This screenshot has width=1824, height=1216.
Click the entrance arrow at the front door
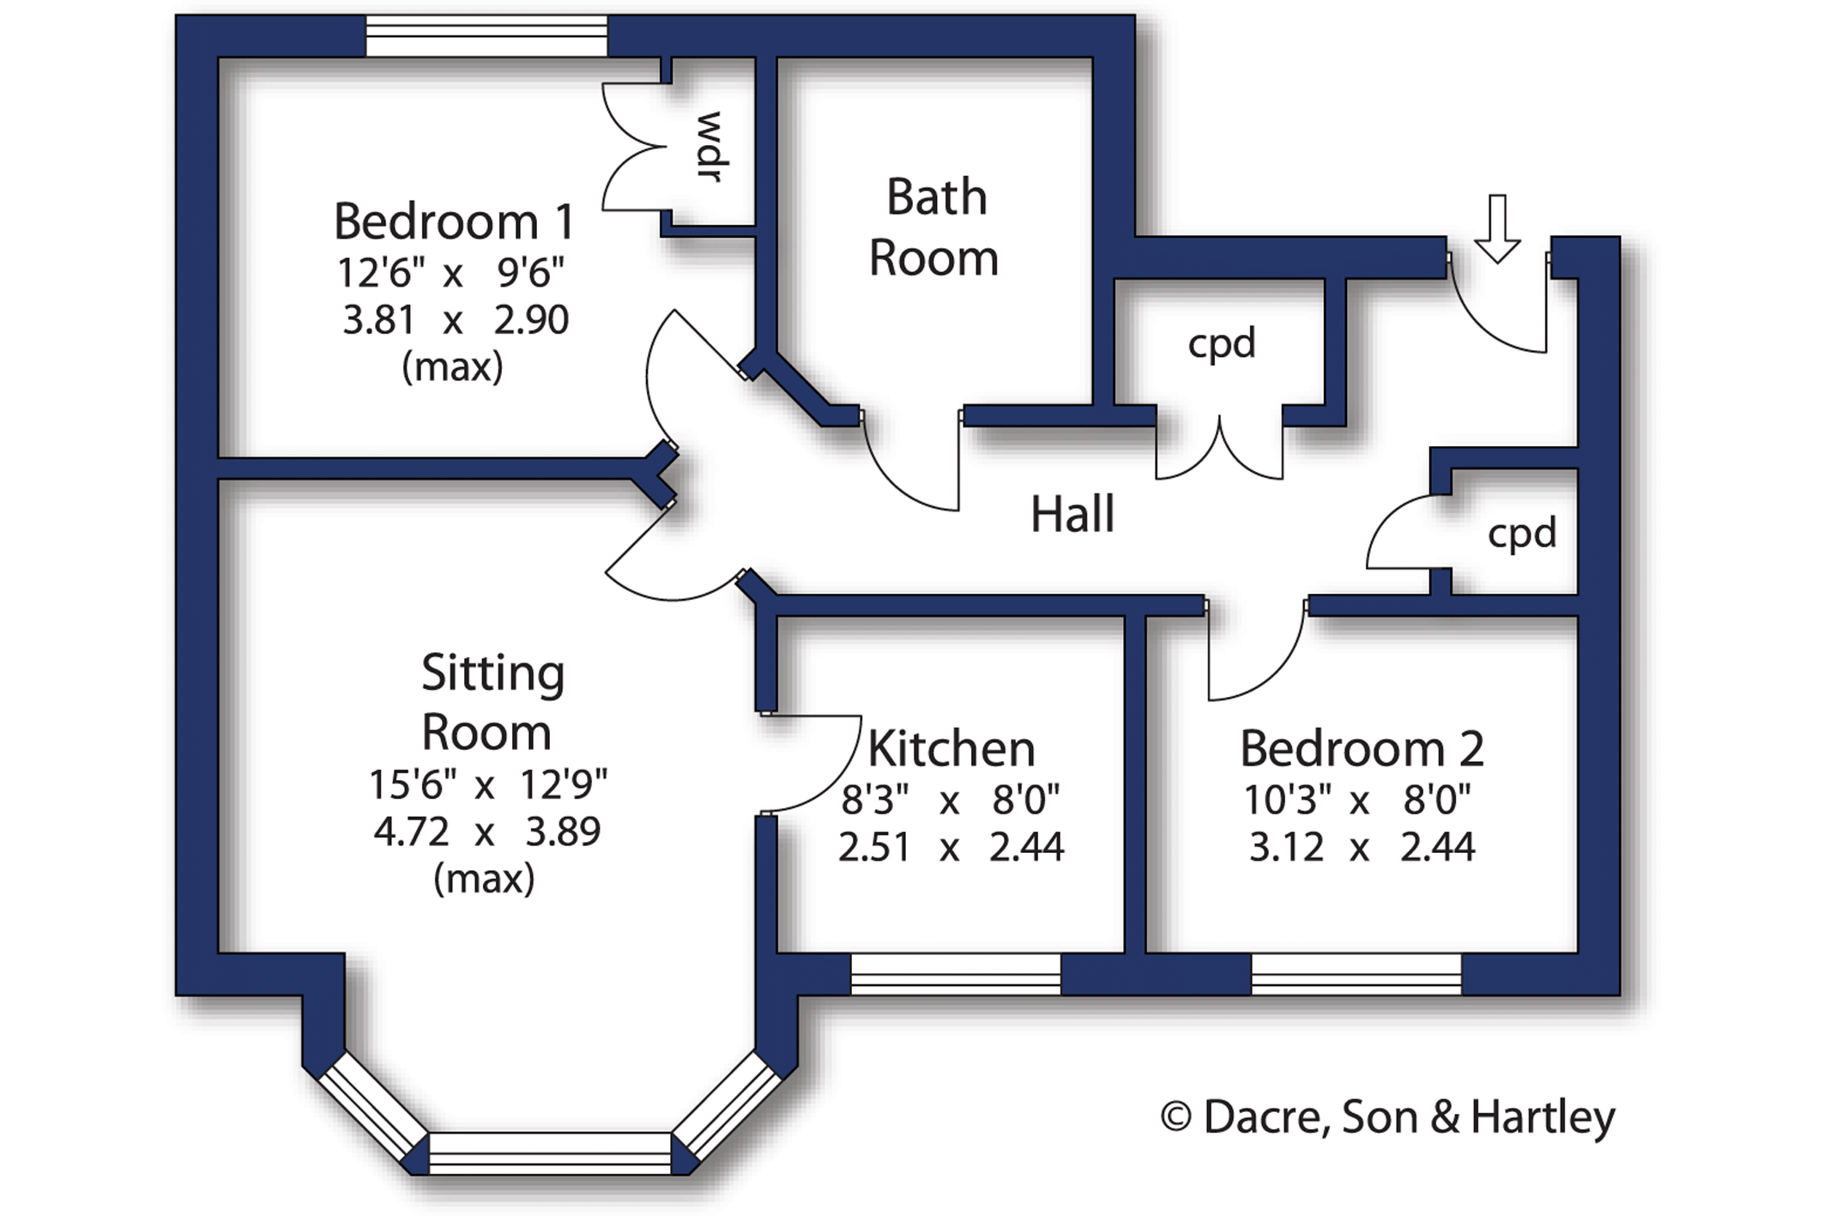tap(1497, 229)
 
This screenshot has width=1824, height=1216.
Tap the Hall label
tap(1072, 514)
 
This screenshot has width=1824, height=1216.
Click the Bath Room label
tap(935, 227)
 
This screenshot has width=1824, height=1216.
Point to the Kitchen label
tap(951, 749)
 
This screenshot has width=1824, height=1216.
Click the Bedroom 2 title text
tap(1362, 749)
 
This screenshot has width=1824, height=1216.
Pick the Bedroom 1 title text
tap(454, 221)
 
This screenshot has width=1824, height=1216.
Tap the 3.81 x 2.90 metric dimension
tap(456, 320)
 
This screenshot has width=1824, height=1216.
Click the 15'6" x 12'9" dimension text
tap(488, 783)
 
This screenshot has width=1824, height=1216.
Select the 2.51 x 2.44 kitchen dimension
tap(951, 847)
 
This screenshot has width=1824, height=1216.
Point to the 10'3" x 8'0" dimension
tap(1357, 800)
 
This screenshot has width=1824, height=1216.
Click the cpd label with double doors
tap(1222, 344)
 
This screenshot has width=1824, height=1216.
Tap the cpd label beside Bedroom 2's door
tap(1522, 534)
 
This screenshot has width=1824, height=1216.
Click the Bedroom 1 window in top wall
tap(487, 37)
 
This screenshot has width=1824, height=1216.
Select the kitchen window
tap(956, 974)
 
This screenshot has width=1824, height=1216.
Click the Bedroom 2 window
tap(1356, 974)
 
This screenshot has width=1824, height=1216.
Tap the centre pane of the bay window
tap(550, 1153)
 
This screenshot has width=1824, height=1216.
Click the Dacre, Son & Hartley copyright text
tap(1387, 1117)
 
